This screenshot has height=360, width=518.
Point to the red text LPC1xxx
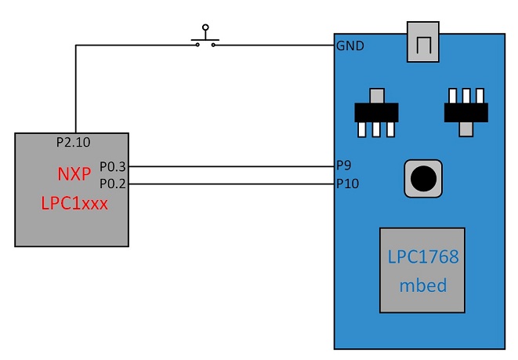[x=74, y=203]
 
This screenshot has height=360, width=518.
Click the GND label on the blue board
[x=350, y=45]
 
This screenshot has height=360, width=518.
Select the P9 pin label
[x=344, y=166]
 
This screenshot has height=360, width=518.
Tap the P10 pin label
[x=347, y=184]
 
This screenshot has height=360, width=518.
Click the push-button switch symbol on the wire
[x=206, y=39]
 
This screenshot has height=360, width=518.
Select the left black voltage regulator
[x=378, y=113]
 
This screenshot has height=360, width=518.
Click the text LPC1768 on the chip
[x=422, y=257]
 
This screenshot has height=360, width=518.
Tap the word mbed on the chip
[x=422, y=285]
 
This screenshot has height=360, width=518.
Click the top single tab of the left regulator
[x=378, y=96]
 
